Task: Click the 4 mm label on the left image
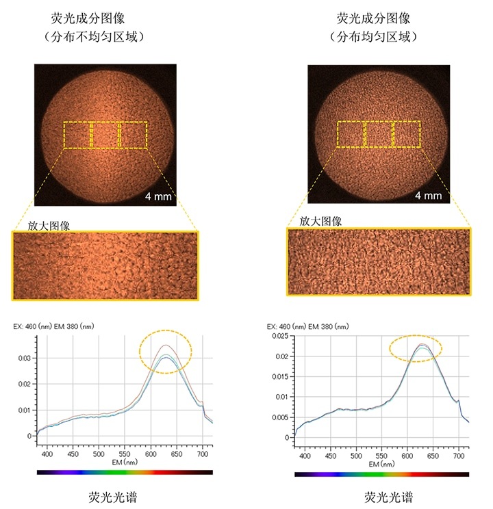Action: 159,196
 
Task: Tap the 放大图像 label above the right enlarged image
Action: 320,221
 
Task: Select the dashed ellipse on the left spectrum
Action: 166,351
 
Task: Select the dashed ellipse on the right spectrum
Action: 416,348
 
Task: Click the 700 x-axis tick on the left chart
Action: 203,454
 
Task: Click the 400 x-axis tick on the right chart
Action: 305,455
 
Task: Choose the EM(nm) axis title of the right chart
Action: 382,464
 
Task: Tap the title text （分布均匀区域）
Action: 373,37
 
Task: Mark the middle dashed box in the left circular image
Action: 105,135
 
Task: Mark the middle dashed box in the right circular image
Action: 379,134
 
